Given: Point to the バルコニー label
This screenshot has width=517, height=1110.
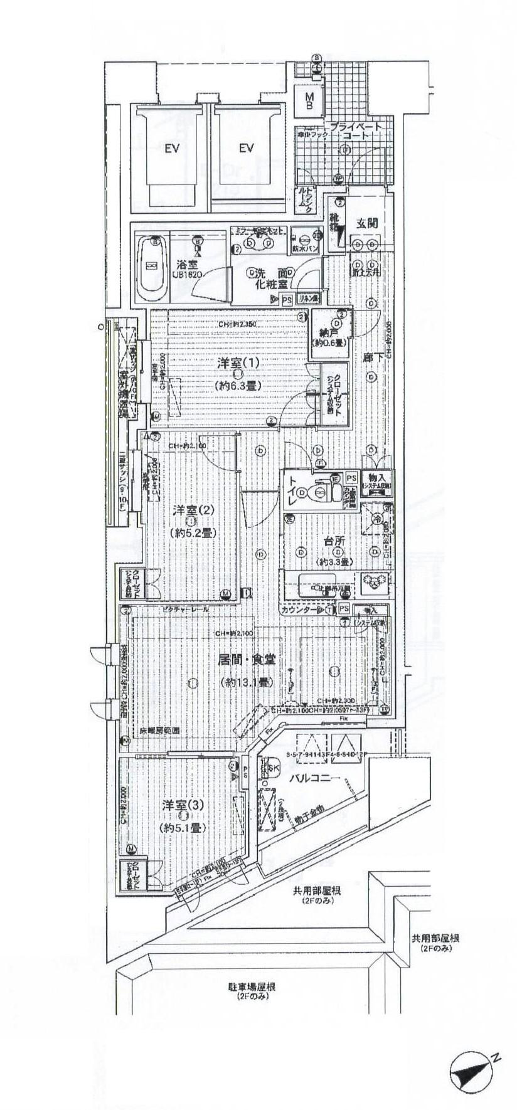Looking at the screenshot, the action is (314, 778).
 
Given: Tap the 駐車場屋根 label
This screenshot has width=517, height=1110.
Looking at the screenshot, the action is (251, 986).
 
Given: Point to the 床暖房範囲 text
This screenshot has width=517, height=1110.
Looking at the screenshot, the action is (159, 731).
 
